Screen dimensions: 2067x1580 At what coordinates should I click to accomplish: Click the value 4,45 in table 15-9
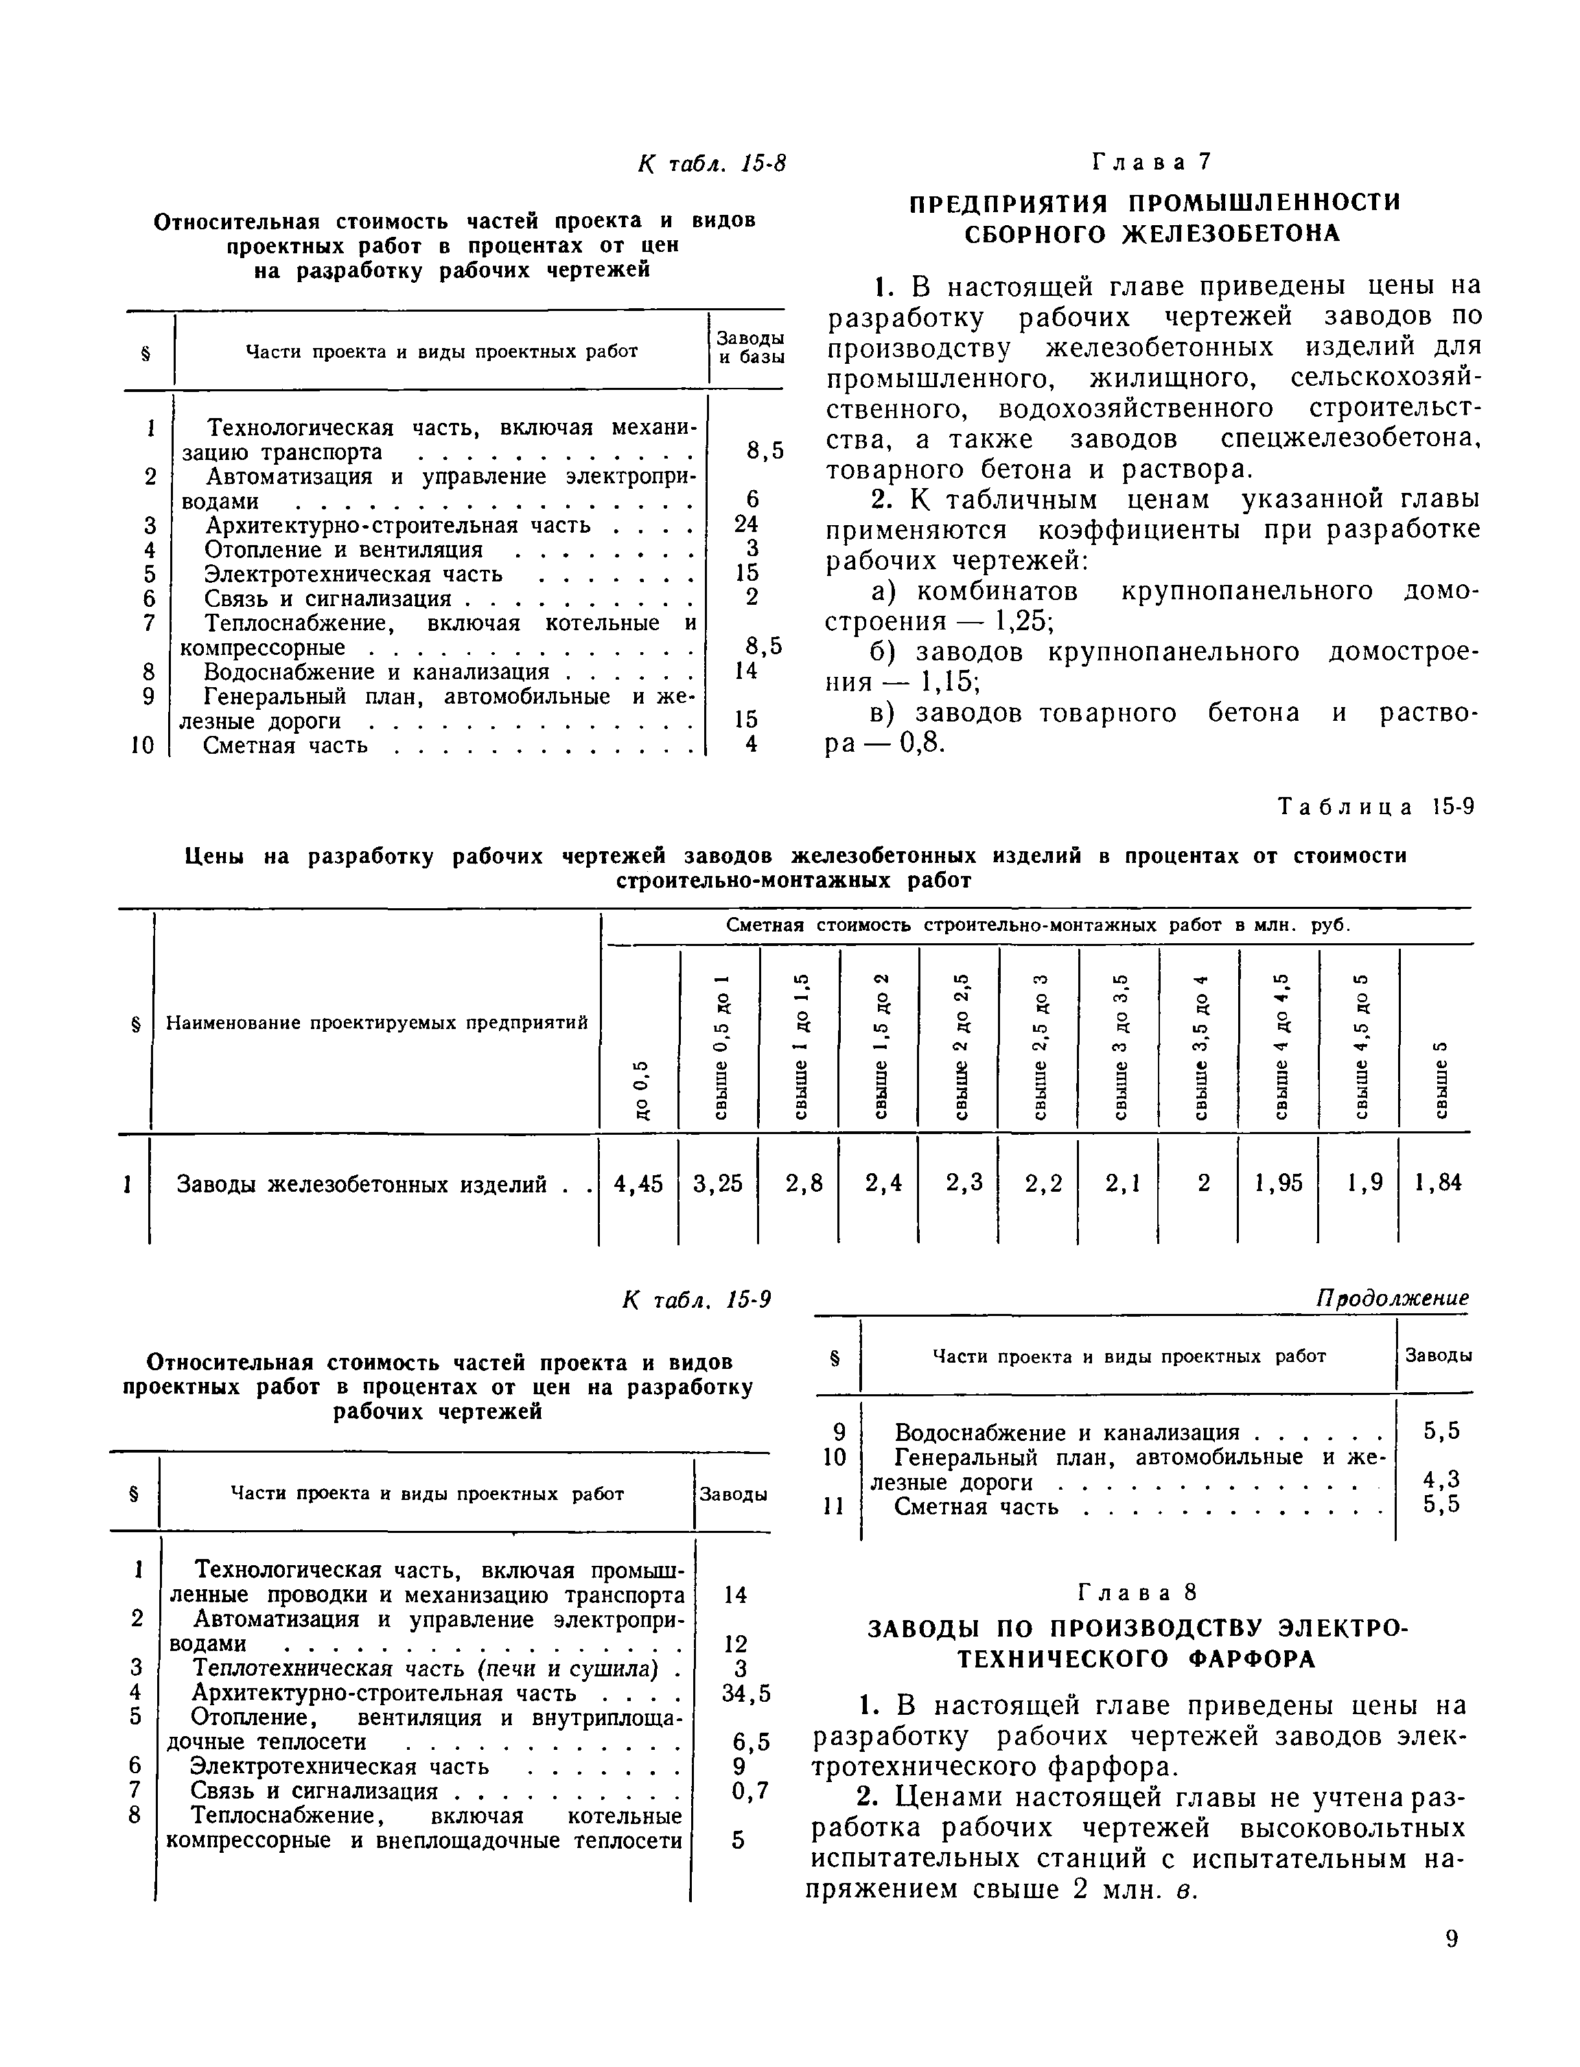638,1183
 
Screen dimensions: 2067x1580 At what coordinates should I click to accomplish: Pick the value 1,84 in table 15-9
1438,1183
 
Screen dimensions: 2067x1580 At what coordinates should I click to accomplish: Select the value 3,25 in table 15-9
717,1183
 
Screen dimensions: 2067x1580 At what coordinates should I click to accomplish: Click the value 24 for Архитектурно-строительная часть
746,524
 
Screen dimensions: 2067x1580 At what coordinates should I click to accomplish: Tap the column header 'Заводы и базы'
750,347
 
